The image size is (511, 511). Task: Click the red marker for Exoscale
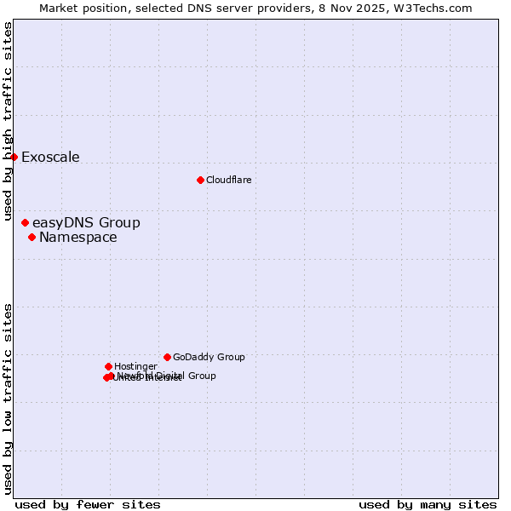pyautogui.click(x=14, y=157)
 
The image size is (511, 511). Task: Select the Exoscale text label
pyautogui.click(x=50, y=158)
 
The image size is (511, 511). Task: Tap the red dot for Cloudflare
pyautogui.click(x=200, y=180)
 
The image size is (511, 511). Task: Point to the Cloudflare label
pyautogui.click(x=228, y=181)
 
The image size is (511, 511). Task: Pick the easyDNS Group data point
pyautogui.click(x=25, y=222)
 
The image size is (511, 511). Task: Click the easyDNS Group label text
pyautogui.click(x=86, y=223)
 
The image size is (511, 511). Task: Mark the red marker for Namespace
pyautogui.click(x=32, y=237)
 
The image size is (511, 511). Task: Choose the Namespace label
pyautogui.click(x=78, y=238)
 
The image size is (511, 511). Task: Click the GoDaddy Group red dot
pyautogui.click(x=167, y=357)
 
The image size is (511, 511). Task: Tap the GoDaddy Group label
pyautogui.click(x=209, y=358)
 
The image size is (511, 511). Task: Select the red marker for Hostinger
pyautogui.click(x=108, y=366)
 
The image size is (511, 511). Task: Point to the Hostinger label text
pyautogui.click(x=135, y=367)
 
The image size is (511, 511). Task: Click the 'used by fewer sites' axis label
pyautogui.click(x=88, y=504)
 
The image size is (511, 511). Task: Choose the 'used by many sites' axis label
pyautogui.click(x=428, y=504)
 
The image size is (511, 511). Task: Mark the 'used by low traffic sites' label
pyautogui.click(x=9, y=399)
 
